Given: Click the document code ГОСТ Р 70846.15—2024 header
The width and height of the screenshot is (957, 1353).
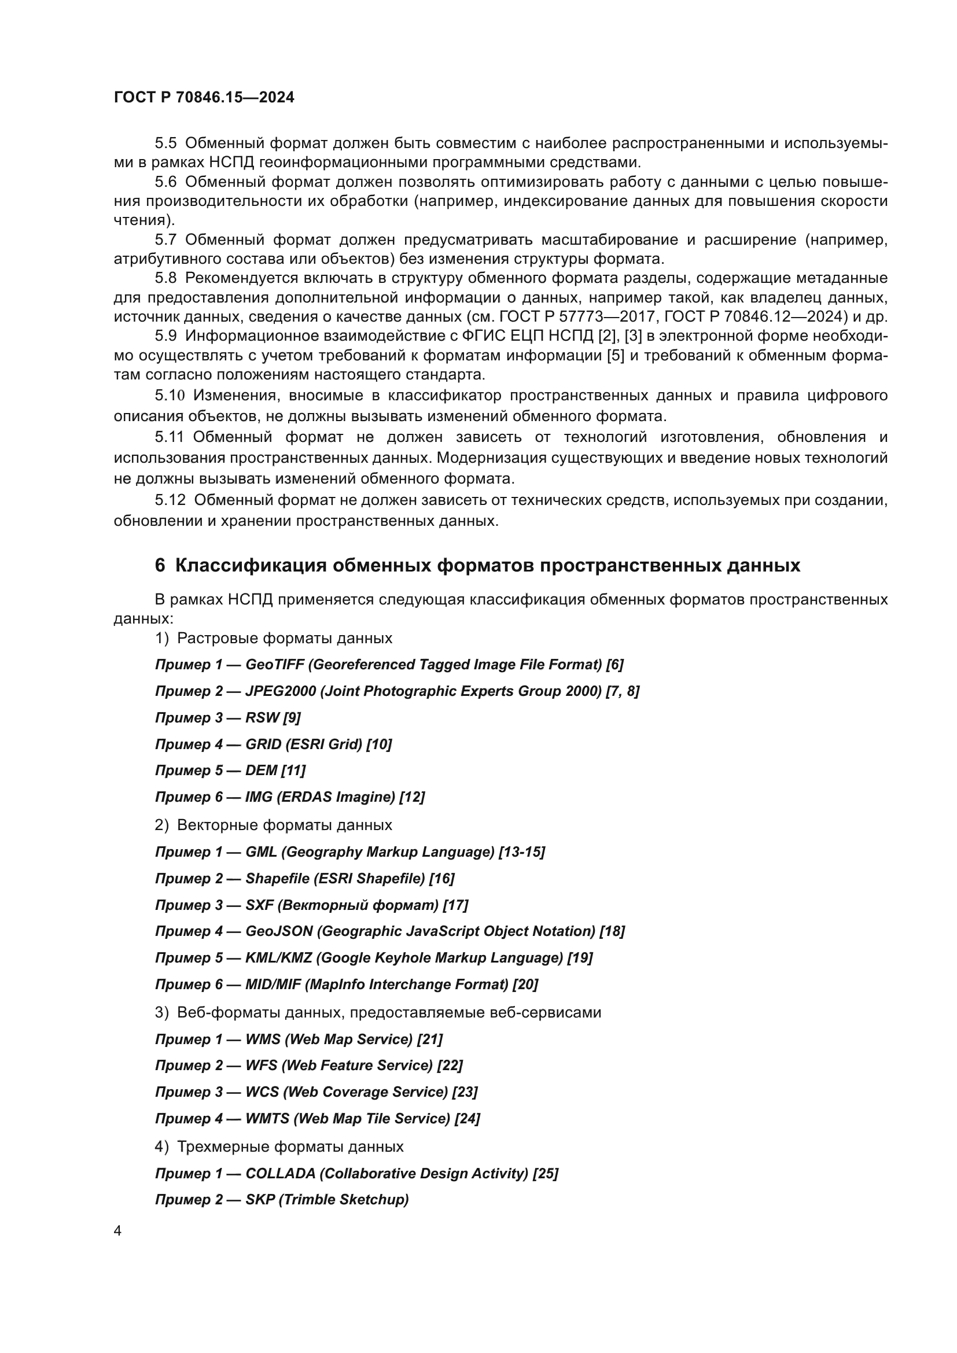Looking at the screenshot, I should click(x=204, y=97).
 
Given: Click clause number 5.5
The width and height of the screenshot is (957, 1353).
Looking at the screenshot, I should click(x=165, y=143).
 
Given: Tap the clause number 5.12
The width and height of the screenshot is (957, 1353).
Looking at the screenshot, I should click(x=170, y=500).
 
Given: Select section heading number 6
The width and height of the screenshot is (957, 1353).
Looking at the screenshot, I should click(x=160, y=565).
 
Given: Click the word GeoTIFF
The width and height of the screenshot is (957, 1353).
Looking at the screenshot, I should click(x=275, y=665).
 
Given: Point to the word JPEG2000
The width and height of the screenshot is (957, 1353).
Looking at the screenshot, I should click(x=281, y=691).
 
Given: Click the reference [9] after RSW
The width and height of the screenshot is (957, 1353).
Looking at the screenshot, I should click(x=292, y=718).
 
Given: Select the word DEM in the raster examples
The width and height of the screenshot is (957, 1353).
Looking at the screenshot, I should click(x=261, y=770).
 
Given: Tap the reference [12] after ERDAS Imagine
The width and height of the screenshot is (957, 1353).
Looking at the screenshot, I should click(x=412, y=797).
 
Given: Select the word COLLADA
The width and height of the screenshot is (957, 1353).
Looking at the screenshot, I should click(x=281, y=1174).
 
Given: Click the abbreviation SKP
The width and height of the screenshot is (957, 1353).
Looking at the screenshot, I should click(x=260, y=1200).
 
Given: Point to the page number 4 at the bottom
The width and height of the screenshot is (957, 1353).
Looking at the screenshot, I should click(x=117, y=1231).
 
